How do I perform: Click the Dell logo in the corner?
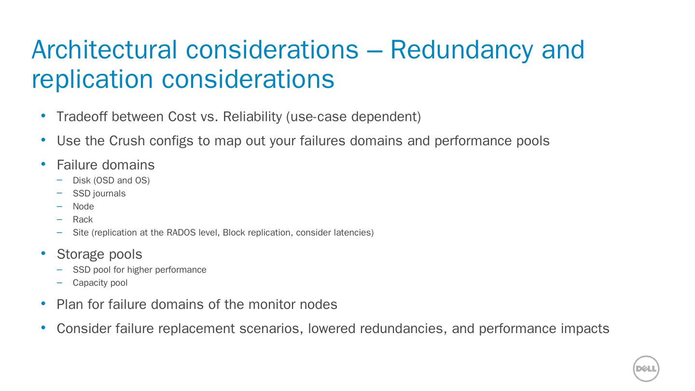[646, 369]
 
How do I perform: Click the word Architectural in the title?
[104, 50]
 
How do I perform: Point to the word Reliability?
[252, 117]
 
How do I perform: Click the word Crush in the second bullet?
[127, 141]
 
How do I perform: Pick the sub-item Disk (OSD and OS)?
[111, 181]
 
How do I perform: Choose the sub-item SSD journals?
[99, 194]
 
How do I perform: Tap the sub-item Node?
[83, 207]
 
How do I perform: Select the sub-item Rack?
[83, 220]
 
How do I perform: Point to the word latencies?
[353, 233]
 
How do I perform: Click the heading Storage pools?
[99, 254]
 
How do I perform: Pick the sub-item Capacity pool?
[100, 283]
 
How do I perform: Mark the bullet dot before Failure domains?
[43, 164]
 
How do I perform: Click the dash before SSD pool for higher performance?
[59, 269]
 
